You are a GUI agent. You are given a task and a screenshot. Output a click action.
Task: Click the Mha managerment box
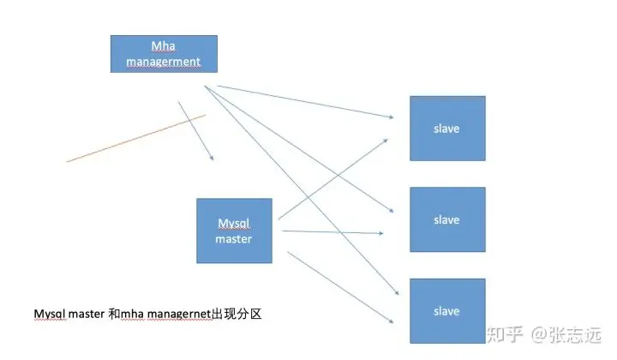click(164, 53)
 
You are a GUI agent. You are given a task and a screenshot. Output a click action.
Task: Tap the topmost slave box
click(446, 129)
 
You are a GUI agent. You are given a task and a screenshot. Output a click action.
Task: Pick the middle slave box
click(446, 219)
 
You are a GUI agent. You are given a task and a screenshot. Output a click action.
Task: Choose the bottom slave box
click(446, 310)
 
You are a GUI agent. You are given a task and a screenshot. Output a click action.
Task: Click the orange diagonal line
click(135, 138)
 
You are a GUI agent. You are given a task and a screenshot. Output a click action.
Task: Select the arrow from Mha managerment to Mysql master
click(195, 131)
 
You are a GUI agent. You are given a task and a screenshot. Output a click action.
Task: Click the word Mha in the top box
click(163, 45)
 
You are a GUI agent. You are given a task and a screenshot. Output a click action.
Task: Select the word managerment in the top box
click(163, 62)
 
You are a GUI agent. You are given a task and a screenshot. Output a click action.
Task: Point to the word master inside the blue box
click(234, 239)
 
